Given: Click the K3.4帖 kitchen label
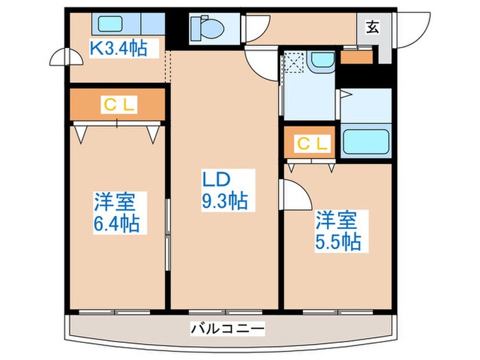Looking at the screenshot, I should click(120, 48).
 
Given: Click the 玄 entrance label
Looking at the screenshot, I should click(373, 27).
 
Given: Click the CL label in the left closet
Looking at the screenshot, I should click(119, 104).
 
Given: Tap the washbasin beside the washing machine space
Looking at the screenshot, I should click(320, 61).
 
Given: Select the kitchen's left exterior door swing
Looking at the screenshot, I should click(60, 60).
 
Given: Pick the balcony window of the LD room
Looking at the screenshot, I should click(224, 310).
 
